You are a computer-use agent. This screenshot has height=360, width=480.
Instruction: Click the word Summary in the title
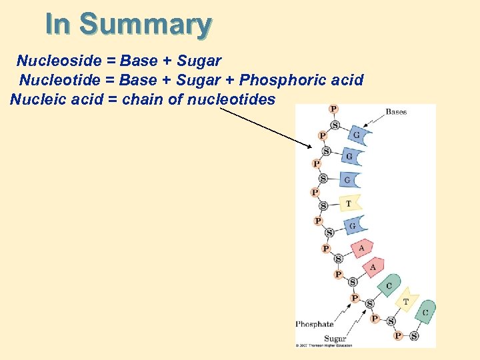click(145, 25)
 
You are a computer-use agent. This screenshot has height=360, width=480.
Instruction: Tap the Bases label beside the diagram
click(396, 111)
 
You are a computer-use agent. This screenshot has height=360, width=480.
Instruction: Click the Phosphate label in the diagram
click(314, 325)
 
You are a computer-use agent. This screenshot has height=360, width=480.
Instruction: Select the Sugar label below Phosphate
click(335, 339)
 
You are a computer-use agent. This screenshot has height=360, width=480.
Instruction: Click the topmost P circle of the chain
click(333, 109)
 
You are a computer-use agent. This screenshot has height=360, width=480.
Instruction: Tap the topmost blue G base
click(358, 135)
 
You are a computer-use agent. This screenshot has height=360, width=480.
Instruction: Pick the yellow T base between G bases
click(349, 203)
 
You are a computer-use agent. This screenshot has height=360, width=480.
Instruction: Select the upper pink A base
click(361, 248)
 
